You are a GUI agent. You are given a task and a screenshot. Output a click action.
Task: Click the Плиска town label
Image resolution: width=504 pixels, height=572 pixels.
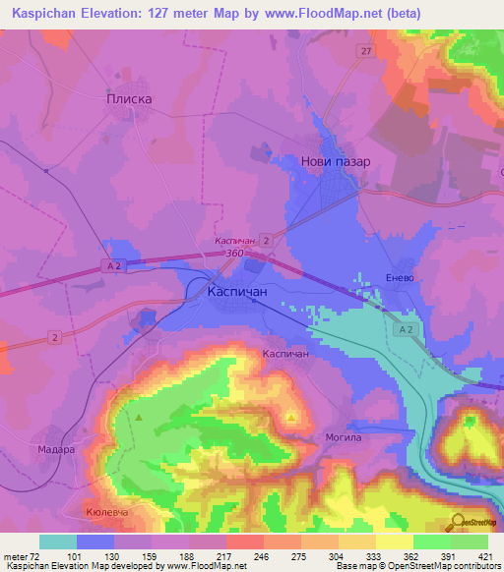128,98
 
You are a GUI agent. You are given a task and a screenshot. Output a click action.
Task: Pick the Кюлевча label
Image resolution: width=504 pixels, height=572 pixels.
108,513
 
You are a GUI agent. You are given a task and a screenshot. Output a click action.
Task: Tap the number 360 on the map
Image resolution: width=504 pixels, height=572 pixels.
235,254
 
